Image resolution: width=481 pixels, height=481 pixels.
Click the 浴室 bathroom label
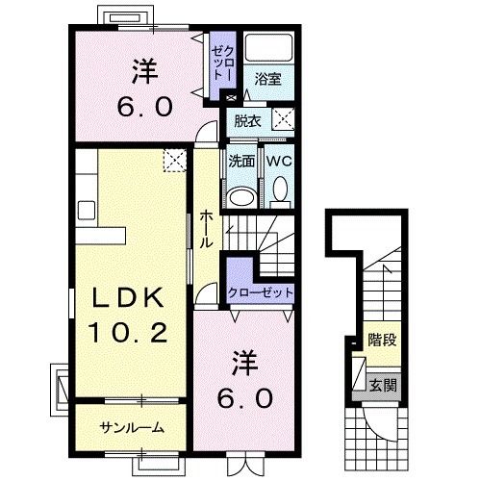[x=267, y=79]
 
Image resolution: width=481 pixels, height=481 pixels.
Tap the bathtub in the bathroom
[x=268, y=47]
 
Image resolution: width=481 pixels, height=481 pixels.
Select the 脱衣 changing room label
[x=247, y=121]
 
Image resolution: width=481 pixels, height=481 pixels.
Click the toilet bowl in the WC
[x=281, y=189]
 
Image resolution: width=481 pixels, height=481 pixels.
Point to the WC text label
[x=279, y=161]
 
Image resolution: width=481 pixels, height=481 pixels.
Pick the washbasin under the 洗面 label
[x=242, y=197]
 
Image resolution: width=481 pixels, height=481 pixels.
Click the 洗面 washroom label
[x=241, y=162]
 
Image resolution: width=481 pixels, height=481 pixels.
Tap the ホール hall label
[x=206, y=230]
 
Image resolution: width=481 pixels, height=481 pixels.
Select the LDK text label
[x=128, y=297]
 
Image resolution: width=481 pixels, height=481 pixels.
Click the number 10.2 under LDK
[x=128, y=332]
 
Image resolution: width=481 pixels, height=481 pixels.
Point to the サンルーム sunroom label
[x=132, y=428]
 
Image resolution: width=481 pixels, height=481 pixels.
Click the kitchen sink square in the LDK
[x=87, y=211]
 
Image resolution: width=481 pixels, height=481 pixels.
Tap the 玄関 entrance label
[x=383, y=385]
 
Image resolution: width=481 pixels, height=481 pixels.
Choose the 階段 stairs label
[x=382, y=340]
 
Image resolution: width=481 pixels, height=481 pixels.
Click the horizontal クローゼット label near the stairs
[x=261, y=292]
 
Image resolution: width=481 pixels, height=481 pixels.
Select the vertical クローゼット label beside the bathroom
[x=222, y=63]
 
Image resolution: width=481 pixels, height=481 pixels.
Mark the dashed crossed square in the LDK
[x=175, y=161]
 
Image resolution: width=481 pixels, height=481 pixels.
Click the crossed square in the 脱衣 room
[x=283, y=119]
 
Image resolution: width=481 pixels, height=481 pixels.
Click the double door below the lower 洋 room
[x=245, y=464]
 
